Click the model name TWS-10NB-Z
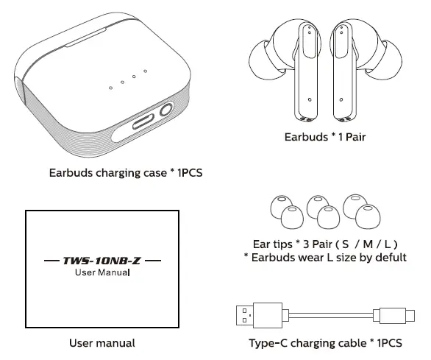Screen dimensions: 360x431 point(102,261)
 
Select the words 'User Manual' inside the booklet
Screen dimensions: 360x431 point(102,273)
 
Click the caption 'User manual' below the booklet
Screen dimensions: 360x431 point(102,342)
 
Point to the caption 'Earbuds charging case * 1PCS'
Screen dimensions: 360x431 point(125,174)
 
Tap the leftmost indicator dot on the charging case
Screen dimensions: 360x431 point(110,88)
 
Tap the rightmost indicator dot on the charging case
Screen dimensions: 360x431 point(146,71)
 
